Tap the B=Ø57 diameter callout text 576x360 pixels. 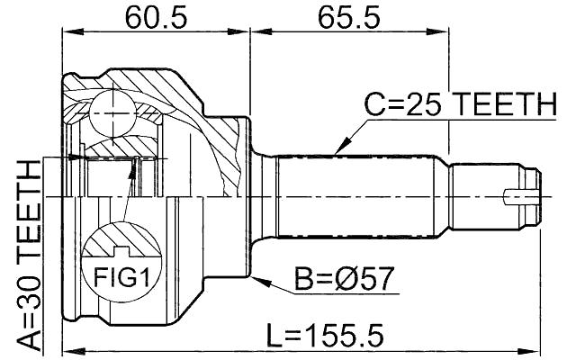(x=343, y=280)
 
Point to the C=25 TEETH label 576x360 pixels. (x=460, y=106)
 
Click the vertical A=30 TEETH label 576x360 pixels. (x=29, y=255)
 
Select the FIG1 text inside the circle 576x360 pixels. (x=121, y=276)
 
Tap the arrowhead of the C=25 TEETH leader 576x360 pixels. (x=337, y=150)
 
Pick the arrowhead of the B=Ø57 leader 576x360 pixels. (x=257, y=281)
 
